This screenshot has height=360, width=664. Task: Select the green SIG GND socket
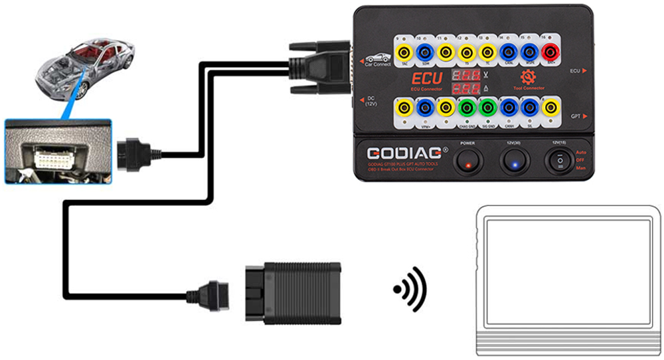pos(488,107)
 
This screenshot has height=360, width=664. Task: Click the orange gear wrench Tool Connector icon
pos(529,76)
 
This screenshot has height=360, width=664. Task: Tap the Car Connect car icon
pos(378,58)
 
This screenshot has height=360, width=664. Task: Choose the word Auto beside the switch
pos(582,152)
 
